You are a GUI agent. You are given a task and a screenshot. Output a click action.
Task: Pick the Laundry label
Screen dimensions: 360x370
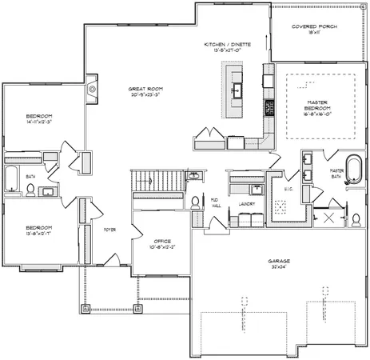[x=247, y=204]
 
